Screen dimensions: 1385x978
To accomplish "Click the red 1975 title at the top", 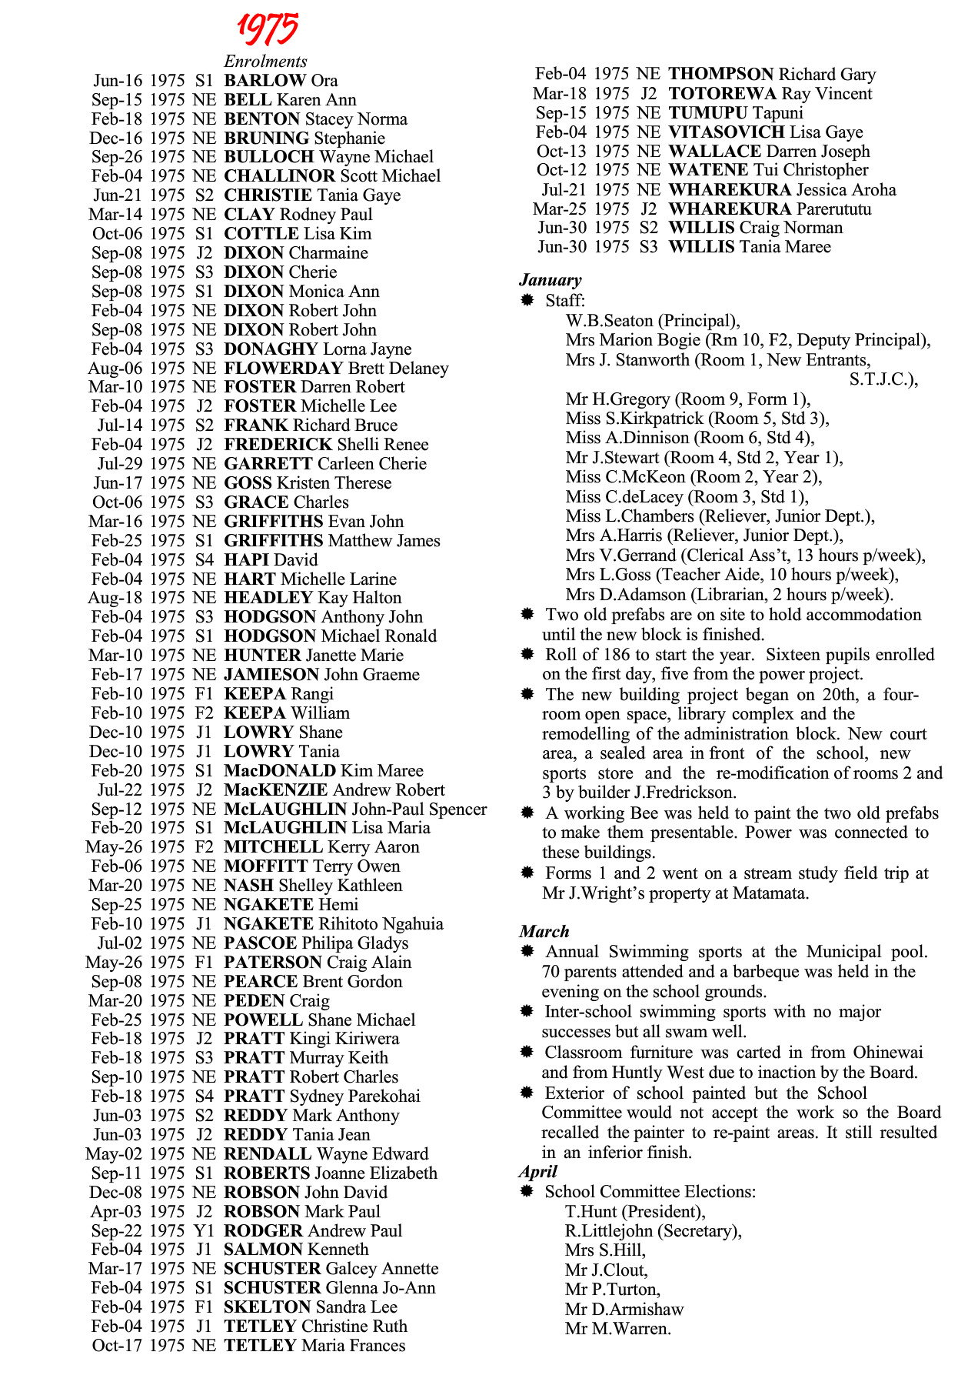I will pyautogui.click(x=267, y=29).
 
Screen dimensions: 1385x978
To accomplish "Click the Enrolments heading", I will pyautogui.click(x=265, y=62).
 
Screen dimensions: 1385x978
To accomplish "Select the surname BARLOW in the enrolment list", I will pyautogui.click(x=264, y=81).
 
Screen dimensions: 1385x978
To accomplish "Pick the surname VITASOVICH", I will pyautogui.click(x=727, y=132).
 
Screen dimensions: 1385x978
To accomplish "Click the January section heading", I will pyautogui.click(x=550, y=280).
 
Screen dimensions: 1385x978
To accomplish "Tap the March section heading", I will pyautogui.click(x=544, y=932).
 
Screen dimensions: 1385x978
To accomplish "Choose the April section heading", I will pyautogui.click(x=537, y=1172).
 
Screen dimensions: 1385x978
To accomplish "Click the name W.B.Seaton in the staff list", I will pyautogui.click(x=609, y=321).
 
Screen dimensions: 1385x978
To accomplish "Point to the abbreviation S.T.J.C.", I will pyautogui.click(x=880, y=379).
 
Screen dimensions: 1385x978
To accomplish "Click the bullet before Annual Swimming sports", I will pyautogui.click(x=527, y=952).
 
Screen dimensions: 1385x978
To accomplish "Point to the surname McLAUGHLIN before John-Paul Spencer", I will pyautogui.click(x=285, y=809).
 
